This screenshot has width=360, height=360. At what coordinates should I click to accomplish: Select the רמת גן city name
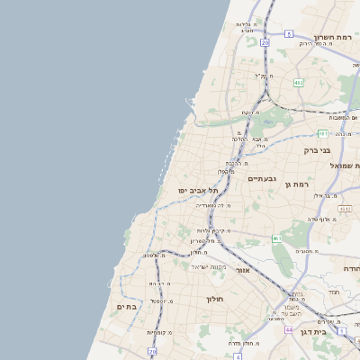click(293, 184)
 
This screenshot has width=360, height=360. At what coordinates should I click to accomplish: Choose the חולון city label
click(213, 298)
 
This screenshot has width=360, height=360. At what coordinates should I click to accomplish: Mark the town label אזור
click(242, 270)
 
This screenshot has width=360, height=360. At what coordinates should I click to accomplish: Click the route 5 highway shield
click(289, 33)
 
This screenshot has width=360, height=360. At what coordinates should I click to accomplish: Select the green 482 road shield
click(298, 82)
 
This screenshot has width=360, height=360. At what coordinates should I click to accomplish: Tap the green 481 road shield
click(322, 132)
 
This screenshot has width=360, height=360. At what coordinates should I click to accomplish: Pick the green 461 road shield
click(277, 238)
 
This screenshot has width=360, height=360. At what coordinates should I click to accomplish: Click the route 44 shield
click(289, 330)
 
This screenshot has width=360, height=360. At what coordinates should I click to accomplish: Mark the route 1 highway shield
click(343, 330)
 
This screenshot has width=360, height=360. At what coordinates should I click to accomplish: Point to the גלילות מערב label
click(247, 27)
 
